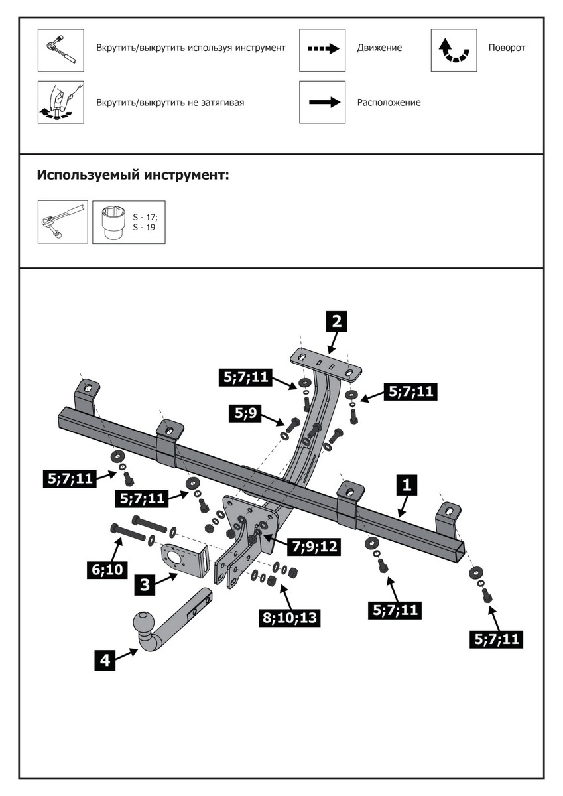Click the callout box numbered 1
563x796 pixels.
(x=407, y=485)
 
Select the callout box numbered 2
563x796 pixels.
(x=336, y=322)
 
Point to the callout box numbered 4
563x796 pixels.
(x=105, y=660)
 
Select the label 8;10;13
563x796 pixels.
(x=290, y=618)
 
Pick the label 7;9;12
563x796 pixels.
(x=314, y=547)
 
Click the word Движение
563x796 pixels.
(x=379, y=48)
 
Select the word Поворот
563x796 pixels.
(x=507, y=48)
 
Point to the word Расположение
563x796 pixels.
(x=389, y=103)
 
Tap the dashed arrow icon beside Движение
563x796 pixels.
(x=322, y=50)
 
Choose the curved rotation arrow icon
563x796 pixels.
(x=454, y=50)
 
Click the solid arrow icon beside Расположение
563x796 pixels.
(x=322, y=102)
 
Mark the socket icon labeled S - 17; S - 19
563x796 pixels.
(x=129, y=222)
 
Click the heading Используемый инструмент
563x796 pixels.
(x=133, y=176)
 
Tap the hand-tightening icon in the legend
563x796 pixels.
(x=60, y=102)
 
